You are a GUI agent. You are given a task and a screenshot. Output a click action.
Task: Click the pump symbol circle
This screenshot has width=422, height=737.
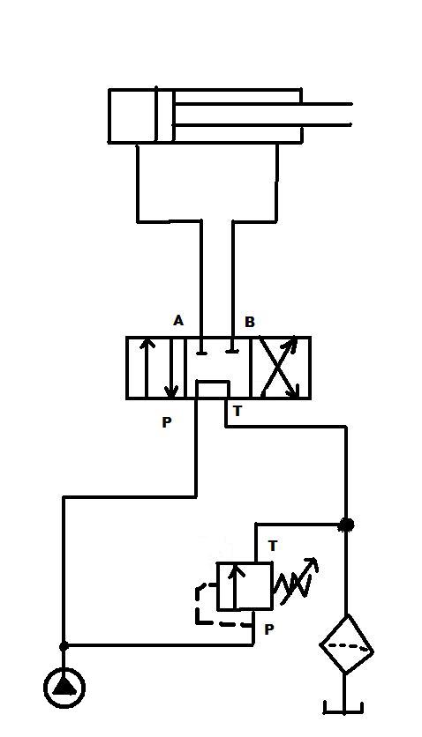coord(64,688)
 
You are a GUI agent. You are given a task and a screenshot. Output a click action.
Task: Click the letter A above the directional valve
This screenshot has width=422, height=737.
coord(178,321)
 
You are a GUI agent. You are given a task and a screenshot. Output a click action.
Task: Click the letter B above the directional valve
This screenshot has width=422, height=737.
coord(250,322)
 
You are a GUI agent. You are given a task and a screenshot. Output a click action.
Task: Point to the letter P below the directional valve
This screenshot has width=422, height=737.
coord(167,422)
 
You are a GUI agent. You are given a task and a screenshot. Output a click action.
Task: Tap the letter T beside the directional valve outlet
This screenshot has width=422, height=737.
coord(237,411)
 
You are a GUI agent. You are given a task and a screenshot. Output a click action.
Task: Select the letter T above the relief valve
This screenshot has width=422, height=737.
coord(273,547)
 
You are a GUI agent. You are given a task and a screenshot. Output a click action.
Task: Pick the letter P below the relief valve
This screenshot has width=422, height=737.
coord(269,629)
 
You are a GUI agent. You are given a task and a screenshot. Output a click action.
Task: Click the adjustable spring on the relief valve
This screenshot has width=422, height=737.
coord(297,583)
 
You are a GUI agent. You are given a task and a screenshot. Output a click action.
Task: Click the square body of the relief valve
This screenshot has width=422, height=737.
coord(245,586)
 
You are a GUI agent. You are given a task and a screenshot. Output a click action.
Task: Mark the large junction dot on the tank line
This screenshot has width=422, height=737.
coord(347,525)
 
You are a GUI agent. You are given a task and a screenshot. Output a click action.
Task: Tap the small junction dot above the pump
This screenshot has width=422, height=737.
coord(64,647)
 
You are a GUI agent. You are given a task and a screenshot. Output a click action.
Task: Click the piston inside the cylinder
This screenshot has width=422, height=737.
coord(165,115)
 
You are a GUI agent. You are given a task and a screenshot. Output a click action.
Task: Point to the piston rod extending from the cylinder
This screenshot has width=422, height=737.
coord(263,115)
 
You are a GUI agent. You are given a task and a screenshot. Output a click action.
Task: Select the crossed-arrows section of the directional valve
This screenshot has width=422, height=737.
coord(281,368)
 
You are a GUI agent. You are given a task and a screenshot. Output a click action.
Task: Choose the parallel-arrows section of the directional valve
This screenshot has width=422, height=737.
coord(156,368)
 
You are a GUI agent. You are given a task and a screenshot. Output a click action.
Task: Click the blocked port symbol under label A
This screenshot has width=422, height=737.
coord(201,351)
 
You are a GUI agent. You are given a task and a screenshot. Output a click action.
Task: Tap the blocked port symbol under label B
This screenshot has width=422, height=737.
coord(232,350)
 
